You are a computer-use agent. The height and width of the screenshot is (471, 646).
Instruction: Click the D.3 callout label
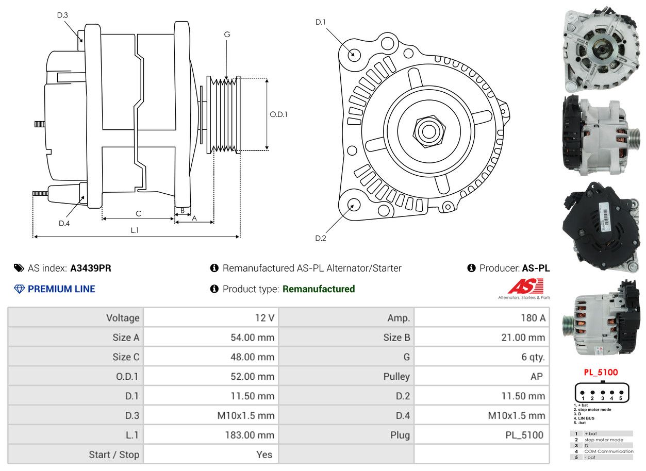click(62, 15)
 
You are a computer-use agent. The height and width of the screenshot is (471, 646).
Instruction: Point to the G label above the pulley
click(227, 35)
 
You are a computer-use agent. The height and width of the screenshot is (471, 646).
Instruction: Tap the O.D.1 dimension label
click(278, 114)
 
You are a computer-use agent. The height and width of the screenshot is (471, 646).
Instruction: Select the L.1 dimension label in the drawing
click(135, 230)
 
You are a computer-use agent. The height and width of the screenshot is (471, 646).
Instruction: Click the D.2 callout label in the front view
click(321, 238)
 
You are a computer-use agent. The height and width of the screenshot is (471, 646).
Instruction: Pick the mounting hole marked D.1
click(354, 54)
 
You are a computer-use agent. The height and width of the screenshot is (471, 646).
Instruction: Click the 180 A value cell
click(533, 318)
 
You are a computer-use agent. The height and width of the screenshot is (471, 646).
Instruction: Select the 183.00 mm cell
click(250, 435)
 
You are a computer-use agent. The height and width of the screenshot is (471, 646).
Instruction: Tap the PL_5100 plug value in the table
click(524, 435)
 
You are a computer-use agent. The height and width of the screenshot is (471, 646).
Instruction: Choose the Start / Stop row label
click(114, 455)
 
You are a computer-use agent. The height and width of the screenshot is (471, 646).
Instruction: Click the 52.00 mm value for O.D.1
click(252, 377)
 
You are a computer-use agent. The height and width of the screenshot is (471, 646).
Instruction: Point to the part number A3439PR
click(91, 268)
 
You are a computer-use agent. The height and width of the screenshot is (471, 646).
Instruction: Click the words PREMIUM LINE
click(61, 289)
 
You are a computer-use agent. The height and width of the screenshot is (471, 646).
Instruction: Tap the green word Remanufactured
click(319, 289)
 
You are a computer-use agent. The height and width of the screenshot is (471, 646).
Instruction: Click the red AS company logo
click(525, 287)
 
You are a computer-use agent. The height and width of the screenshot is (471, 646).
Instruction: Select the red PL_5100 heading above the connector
click(601, 372)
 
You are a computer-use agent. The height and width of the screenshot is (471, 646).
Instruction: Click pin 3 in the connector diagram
click(602, 393)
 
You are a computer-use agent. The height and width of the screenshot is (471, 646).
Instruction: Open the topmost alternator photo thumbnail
click(601, 49)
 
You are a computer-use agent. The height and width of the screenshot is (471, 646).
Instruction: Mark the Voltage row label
click(123, 318)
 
